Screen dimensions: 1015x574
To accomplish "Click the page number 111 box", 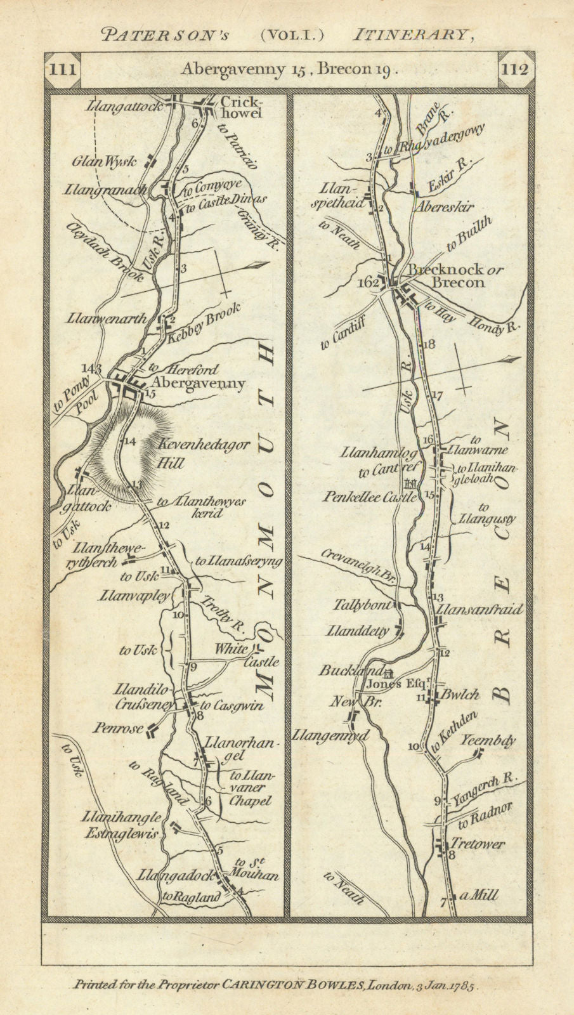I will click(62, 69).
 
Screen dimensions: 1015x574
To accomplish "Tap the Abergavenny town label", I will click(198, 384).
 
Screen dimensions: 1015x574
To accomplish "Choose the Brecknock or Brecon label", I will click(455, 276).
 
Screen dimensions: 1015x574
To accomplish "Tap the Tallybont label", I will click(362, 605).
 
